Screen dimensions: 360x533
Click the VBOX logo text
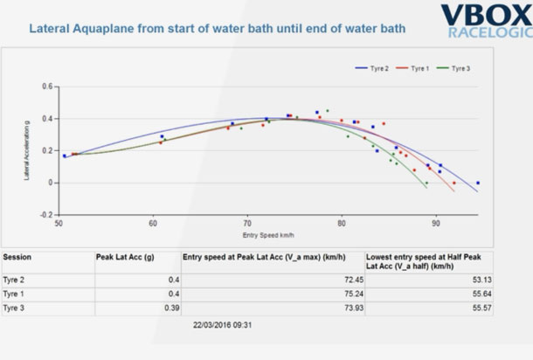coord(484,15)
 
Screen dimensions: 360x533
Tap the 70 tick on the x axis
coord(247,225)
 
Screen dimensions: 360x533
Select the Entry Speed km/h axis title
coord(267,235)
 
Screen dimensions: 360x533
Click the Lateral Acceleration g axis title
coord(29,151)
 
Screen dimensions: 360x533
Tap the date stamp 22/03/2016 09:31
coord(223,325)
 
